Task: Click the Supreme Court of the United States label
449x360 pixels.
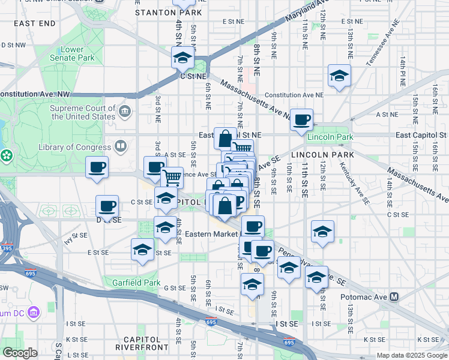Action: point(83,112)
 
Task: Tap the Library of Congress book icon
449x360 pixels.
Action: point(121,146)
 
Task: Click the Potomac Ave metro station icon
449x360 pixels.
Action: point(394,296)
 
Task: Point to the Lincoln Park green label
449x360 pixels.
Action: point(327,137)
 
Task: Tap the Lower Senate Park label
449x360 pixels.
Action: point(77,53)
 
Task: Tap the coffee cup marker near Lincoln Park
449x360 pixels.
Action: point(301,119)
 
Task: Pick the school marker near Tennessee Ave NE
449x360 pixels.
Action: point(339,76)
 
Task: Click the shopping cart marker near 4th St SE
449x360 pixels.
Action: point(172,177)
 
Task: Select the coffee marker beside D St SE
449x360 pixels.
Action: point(107,206)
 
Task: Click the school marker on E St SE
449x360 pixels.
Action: point(143,250)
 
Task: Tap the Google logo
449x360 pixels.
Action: point(20,353)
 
